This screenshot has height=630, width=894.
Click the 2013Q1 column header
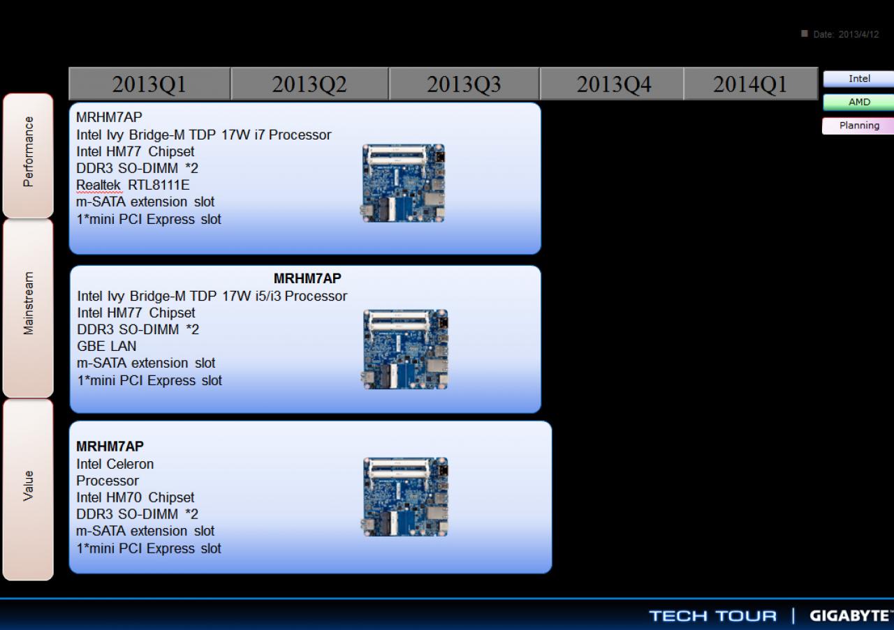tap(149, 84)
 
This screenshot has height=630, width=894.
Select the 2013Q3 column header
tap(464, 84)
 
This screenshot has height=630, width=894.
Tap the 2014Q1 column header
tap(750, 84)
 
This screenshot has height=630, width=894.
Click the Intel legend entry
tap(859, 79)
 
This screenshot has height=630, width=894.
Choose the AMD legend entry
tap(859, 102)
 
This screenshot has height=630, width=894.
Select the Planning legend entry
tap(859, 126)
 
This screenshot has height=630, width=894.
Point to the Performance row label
tap(28, 156)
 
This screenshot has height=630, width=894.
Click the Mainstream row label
tap(28, 308)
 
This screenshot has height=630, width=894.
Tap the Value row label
tap(28, 490)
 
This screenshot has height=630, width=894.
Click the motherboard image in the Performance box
tap(403, 183)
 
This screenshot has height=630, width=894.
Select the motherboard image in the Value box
tap(404, 497)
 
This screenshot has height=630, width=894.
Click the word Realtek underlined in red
tap(98, 185)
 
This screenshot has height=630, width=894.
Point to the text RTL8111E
tap(159, 185)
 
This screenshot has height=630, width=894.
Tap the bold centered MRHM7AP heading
tap(307, 278)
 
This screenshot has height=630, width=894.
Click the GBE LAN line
tap(107, 346)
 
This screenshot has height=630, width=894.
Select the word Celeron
tap(130, 464)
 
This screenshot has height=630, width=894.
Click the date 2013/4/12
tap(858, 35)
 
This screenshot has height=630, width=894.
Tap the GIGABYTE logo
tap(851, 615)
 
